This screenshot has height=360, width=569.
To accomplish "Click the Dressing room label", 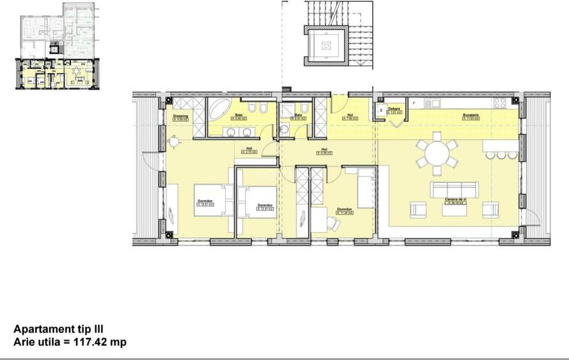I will coord(181,116).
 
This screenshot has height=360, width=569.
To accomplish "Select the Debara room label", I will coord(394,109).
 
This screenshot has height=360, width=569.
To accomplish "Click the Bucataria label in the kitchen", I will coord(471,116).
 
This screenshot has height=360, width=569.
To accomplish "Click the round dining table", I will coord(437,153).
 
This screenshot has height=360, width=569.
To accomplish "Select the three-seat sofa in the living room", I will coord(454,189).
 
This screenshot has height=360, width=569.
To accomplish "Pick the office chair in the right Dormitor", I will coord(332,222).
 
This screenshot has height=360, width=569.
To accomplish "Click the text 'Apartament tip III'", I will coord(58,329).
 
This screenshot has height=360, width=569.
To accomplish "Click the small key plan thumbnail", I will coord(58,46).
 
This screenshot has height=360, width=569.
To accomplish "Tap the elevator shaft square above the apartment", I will coord(327,45).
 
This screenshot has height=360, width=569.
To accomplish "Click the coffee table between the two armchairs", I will coord(455,209).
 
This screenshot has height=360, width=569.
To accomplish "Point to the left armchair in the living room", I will coord(418,209).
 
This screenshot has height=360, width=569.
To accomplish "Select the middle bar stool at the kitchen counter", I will coord(502,154).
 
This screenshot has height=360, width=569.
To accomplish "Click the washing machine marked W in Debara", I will coord(382,109).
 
